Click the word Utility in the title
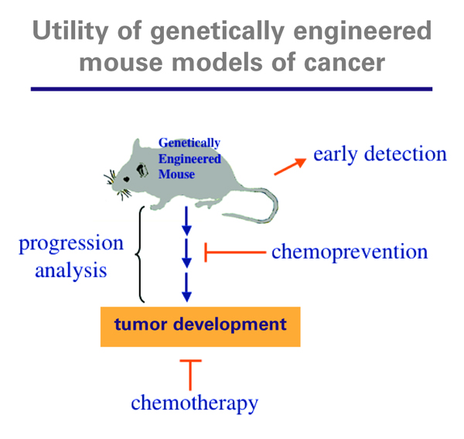click(x=72, y=33)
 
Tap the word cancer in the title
click(x=343, y=61)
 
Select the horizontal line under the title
click(x=231, y=88)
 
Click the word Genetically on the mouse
click(x=189, y=143)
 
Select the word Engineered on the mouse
click(x=189, y=159)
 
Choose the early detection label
click(x=380, y=153)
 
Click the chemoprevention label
click(x=350, y=252)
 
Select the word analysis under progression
click(x=71, y=271)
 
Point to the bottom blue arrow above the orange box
click(x=186, y=290)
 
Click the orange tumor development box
click(x=200, y=324)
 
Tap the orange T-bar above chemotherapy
click(x=189, y=372)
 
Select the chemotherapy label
click(x=194, y=403)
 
